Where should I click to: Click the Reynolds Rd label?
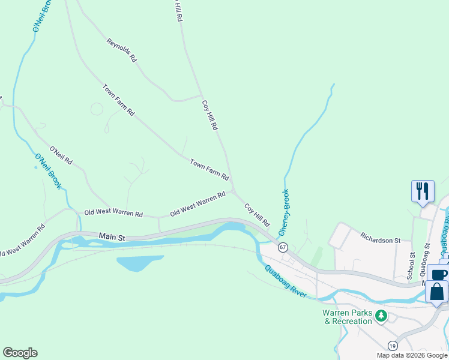click(122, 51)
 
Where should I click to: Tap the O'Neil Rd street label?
click(61, 155)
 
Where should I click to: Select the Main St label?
click(112, 238)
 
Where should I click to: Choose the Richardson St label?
click(380, 240)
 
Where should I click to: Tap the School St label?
click(411, 264)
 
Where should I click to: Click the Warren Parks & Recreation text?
click(348, 317)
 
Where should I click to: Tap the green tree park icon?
click(381, 316)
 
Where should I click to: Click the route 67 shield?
click(283, 247)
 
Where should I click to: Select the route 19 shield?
click(392, 346)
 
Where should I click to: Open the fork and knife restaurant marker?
click(422, 191)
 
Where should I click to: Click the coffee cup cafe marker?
click(439, 274)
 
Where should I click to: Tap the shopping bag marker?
click(436, 292)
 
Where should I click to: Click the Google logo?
click(20, 353)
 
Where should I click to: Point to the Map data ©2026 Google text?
click(412, 355)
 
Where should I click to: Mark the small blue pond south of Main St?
click(139, 263)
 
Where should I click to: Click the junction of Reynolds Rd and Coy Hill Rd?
click(201, 95)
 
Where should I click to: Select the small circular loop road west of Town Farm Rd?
click(97, 109)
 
